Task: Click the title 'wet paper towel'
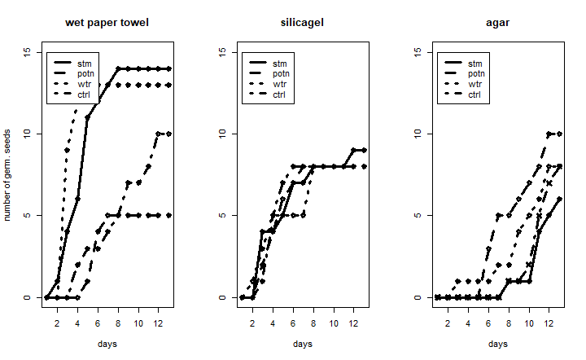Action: tap(107, 23)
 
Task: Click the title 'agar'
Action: tap(497, 23)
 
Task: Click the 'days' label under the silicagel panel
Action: tap(302, 344)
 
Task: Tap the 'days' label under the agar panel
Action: tap(497, 344)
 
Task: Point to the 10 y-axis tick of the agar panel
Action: tap(421, 134)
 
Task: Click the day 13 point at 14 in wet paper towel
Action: tap(169, 68)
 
